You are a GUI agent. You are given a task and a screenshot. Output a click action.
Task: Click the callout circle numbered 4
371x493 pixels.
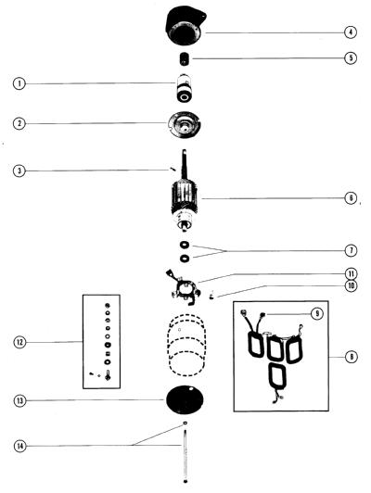pyautogui.click(x=351, y=32)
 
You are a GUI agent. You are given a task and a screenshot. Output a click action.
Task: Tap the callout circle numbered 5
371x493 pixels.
pyautogui.click(x=351, y=57)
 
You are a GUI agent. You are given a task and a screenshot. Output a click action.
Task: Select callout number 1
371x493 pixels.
pyautogui.click(x=19, y=83)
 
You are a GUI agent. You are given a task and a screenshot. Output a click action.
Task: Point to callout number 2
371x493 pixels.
pyautogui.click(x=19, y=123)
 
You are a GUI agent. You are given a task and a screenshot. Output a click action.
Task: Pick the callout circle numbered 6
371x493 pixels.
pyautogui.click(x=351, y=198)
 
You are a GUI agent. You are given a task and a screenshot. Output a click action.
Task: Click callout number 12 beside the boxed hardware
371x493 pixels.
pyautogui.click(x=19, y=342)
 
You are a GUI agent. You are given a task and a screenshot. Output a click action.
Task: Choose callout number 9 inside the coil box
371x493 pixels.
pyautogui.click(x=317, y=313)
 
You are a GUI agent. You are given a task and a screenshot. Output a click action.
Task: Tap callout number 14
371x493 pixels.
pyautogui.click(x=20, y=446)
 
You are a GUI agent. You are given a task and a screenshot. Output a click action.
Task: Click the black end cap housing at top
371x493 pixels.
pyautogui.click(x=185, y=27)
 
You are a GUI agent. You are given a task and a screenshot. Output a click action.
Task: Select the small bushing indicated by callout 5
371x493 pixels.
pyautogui.click(x=185, y=58)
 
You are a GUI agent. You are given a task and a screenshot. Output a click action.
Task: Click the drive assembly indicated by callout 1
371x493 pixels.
pyautogui.click(x=184, y=88)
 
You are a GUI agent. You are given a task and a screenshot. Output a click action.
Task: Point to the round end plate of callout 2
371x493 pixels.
pyautogui.click(x=184, y=124)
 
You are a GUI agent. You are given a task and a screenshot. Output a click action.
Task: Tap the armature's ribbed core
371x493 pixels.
pyautogui.click(x=185, y=198)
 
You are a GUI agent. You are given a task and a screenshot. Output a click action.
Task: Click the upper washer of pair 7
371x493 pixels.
pyautogui.click(x=185, y=245)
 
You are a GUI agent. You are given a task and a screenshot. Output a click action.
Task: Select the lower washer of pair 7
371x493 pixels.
pyautogui.click(x=185, y=259)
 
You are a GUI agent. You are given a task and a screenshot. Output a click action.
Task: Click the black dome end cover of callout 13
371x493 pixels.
pyautogui.click(x=185, y=399)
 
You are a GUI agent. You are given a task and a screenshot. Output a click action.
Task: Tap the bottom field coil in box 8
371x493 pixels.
pyautogui.click(x=278, y=376)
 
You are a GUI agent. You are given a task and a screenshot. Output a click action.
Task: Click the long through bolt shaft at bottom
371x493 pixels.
pyautogui.click(x=185, y=456)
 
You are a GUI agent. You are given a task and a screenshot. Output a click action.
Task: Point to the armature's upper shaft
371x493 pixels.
pyautogui.click(x=185, y=166)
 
